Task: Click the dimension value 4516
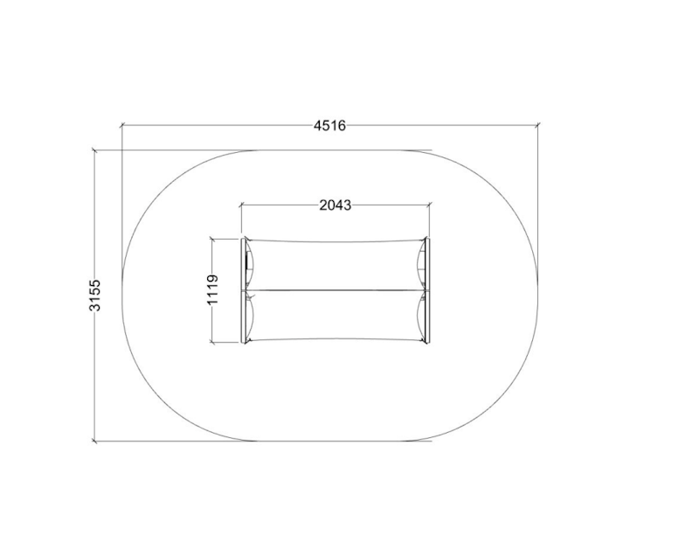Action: click(x=330, y=126)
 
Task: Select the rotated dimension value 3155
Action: click(x=94, y=295)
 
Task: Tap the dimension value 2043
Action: click(x=336, y=205)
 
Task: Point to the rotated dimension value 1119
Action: click(x=212, y=290)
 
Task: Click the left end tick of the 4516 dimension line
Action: click(x=121, y=126)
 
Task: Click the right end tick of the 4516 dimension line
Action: click(x=537, y=125)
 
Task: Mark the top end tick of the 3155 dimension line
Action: click(x=94, y=150)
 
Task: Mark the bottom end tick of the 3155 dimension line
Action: click(x=94, y=442)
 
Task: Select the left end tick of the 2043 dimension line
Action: click(x=241, y=205)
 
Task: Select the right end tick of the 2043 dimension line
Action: click(x=429, y=205)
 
